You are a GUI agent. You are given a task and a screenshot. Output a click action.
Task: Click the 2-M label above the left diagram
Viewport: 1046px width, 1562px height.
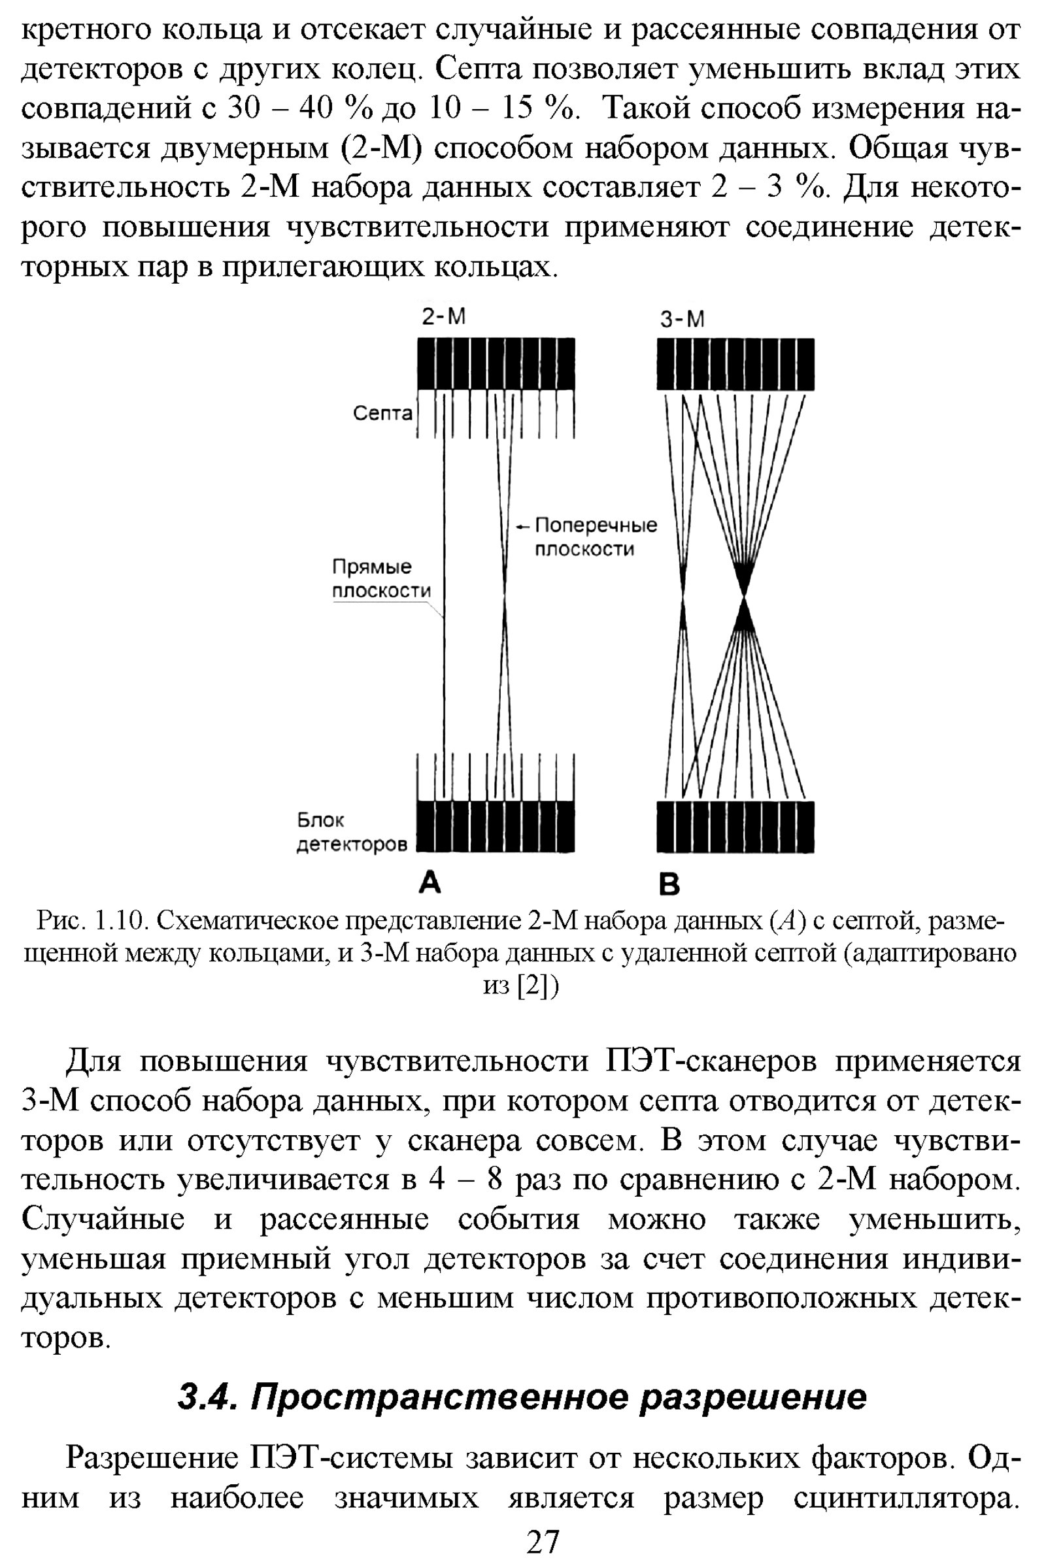(x=443, y=317)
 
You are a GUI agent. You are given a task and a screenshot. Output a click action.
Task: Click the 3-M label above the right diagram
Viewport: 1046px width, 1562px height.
(x=682, y=320)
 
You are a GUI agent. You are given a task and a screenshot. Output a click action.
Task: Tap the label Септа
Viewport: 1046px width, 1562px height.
(x=382, y=414)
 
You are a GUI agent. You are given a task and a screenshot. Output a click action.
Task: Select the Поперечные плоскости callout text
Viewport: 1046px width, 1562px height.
(x=595, y=537)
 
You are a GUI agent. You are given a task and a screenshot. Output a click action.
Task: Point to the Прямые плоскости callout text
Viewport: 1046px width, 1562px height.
(x=381, y=578)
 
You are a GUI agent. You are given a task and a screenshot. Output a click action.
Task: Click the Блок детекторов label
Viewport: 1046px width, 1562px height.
(x=351, y=832)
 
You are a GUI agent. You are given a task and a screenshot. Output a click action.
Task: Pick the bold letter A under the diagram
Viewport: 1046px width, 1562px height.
(x=430, y=883)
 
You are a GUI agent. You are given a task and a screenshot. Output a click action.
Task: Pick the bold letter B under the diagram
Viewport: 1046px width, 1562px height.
(x=668, y=884)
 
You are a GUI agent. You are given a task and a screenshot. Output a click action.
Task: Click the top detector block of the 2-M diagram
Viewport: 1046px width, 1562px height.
(x=496, y=364)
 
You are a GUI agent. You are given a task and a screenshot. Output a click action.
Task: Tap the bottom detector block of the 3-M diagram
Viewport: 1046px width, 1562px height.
(x=735, y=826)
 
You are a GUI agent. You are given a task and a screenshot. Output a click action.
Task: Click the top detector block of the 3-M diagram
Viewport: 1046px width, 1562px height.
(x=735, y=364)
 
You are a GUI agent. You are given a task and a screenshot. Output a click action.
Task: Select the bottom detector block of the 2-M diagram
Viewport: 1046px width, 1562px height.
(x=496, y=826)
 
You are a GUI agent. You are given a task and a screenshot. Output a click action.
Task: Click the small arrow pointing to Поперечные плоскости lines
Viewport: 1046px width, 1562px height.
(x=523, y=527)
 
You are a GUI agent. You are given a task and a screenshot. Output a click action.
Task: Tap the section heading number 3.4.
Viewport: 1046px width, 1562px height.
(x=205, y=1396)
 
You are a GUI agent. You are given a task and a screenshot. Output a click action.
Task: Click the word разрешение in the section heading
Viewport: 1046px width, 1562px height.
(x=753, y=1396)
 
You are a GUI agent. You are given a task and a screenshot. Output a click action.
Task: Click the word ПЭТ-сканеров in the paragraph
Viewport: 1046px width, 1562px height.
(x=711, y=1061)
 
